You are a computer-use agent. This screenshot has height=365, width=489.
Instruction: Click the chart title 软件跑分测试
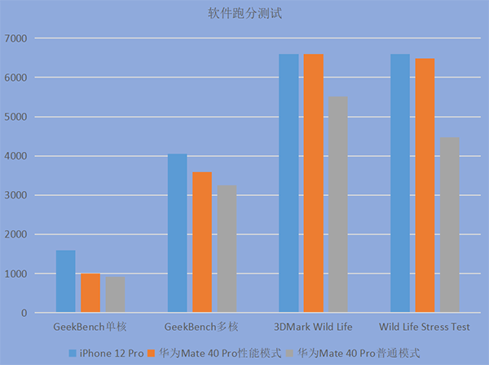244,13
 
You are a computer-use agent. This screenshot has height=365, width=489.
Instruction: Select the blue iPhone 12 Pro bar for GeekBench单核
65,282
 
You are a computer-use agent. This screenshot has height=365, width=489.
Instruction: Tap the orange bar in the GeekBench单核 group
90,293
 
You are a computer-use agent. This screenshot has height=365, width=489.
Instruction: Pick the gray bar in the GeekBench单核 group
115,295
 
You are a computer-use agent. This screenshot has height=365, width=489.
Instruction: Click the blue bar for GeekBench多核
177,234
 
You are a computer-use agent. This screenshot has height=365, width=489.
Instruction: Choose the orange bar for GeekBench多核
202,243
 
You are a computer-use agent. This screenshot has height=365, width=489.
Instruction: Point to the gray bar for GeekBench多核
227,249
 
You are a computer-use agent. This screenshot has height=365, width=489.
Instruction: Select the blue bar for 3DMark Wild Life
289,184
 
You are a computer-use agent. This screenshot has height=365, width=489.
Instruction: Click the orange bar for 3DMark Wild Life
314,184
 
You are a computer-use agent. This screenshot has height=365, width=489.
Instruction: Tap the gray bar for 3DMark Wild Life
338,205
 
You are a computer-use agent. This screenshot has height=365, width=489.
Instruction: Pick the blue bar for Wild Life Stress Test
400,184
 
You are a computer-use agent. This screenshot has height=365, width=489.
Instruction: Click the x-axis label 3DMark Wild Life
314,327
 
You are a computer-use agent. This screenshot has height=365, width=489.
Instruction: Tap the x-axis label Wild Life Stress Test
425,327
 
